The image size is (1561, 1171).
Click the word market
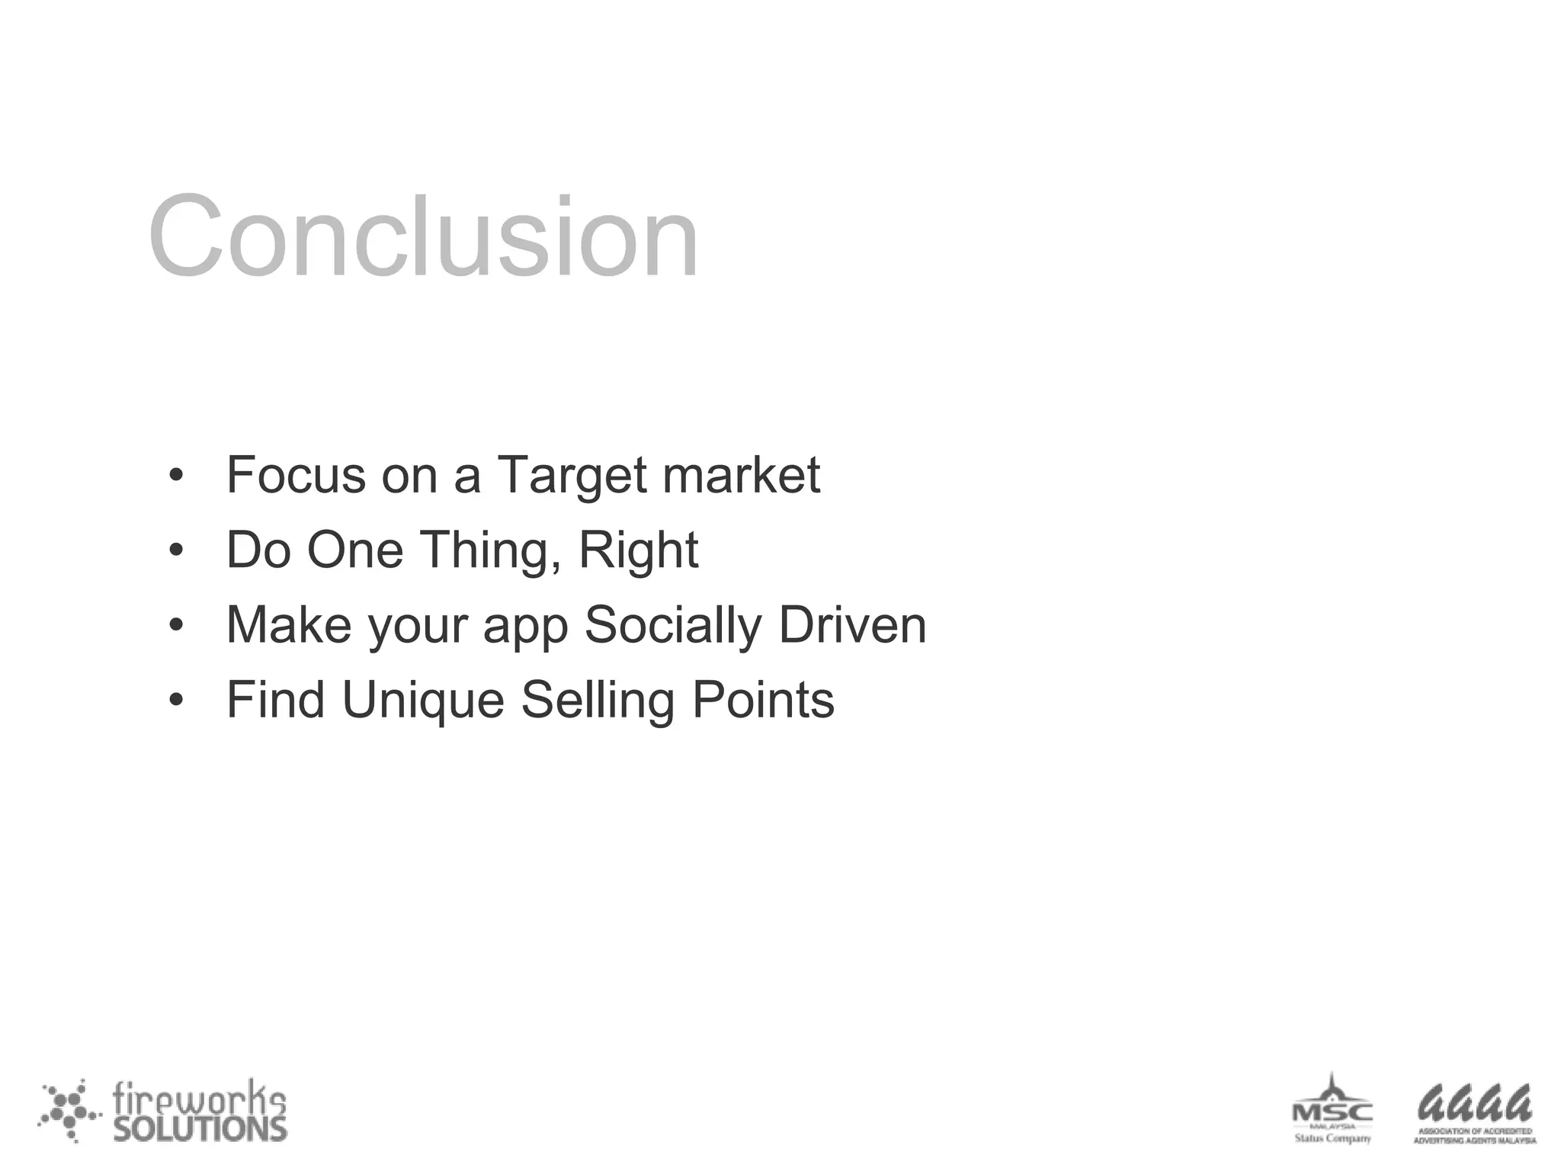pos(741,475)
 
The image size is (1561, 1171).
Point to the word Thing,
pos(491,550)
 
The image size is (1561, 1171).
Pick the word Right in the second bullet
pos(638,550)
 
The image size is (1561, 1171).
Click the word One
pos(354,550)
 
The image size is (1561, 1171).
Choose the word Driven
pos(852,625)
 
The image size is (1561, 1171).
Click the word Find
pos(275,700)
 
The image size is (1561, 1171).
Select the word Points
pos(763,700)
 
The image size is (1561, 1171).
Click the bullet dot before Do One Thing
pos(176,550)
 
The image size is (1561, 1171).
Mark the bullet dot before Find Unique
pos(176,701)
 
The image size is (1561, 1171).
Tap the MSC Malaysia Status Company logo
pos(1332,1110)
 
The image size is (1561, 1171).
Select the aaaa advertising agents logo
pos(1474,1113)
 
